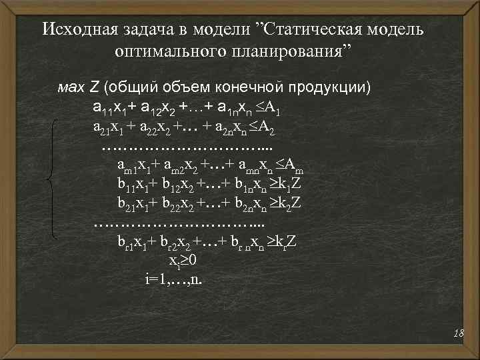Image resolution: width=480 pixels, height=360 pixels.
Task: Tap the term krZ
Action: click(284, 241)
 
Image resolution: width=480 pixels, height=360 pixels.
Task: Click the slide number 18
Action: click(457, 333)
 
